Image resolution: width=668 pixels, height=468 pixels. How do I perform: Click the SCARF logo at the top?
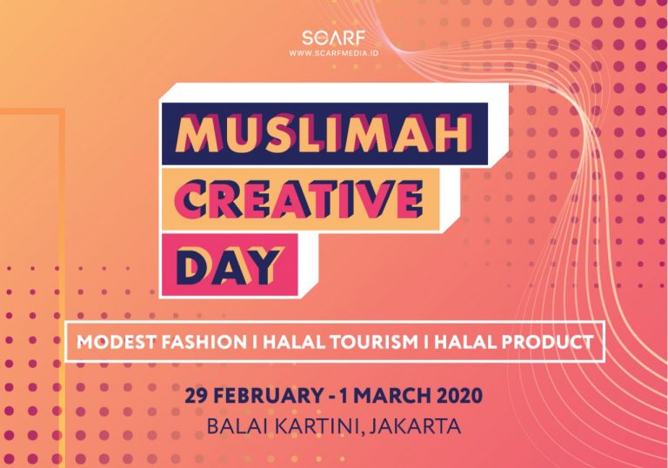[334, 38]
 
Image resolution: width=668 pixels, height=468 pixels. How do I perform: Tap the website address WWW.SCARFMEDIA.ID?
[334, 53]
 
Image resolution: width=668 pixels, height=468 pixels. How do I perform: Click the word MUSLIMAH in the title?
[324, 134]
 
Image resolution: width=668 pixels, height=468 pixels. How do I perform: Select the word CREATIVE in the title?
[298, 199]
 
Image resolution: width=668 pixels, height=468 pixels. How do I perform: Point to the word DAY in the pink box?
[230, 265]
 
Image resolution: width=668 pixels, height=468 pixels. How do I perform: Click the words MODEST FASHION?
[162, 342]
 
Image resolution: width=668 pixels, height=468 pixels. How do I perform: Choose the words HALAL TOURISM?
[340, 342]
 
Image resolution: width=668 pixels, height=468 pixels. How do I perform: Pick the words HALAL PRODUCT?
[513, 342]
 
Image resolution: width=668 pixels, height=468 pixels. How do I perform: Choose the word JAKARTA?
[415, 426]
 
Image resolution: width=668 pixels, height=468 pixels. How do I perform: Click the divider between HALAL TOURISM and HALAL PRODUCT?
[426, 342]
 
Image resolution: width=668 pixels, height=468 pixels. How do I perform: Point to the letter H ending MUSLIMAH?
[454, 134]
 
